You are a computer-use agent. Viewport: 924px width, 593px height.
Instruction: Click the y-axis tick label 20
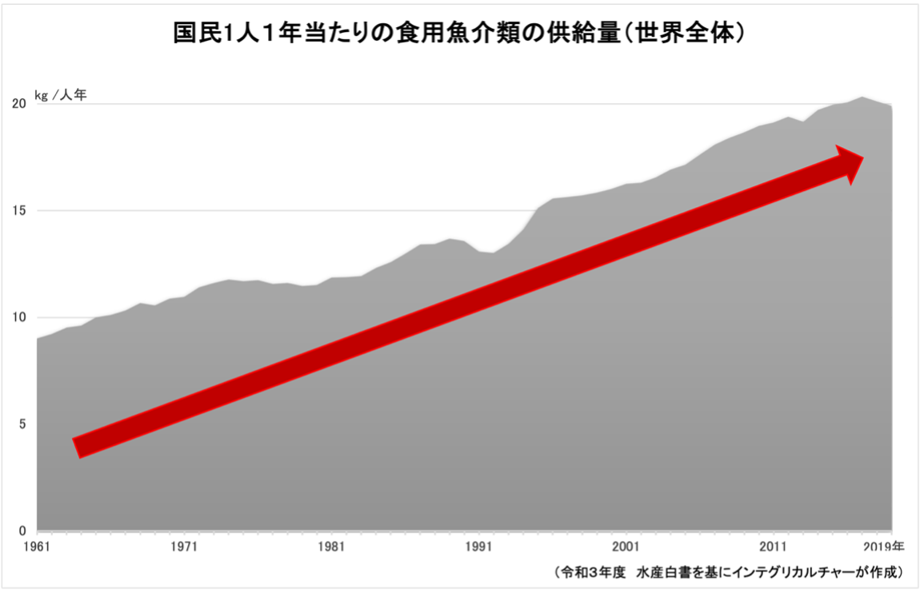click(18, 104)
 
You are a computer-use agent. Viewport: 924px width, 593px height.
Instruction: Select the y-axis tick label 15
click(18, 211)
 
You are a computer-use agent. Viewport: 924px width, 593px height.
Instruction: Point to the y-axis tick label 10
click(18, 317)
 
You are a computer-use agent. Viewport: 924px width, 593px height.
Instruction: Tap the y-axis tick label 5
click(22, 424)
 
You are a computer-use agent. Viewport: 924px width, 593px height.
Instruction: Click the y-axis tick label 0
click(22, 531)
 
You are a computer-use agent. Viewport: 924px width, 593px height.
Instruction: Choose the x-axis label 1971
click(184, 547)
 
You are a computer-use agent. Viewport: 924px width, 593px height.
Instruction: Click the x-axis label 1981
click(331, 547)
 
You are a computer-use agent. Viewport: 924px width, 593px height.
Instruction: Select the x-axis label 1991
click(478, 547)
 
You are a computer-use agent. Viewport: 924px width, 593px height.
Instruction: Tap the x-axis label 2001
click(626, 547)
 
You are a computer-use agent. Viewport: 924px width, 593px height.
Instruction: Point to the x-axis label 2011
click(773, 547)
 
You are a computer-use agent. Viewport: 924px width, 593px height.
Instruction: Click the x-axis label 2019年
click(886, 547)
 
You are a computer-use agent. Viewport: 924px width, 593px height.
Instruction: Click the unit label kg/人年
click(60, 94)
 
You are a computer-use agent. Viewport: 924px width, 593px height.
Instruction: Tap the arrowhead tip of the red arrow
click(862, 157)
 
